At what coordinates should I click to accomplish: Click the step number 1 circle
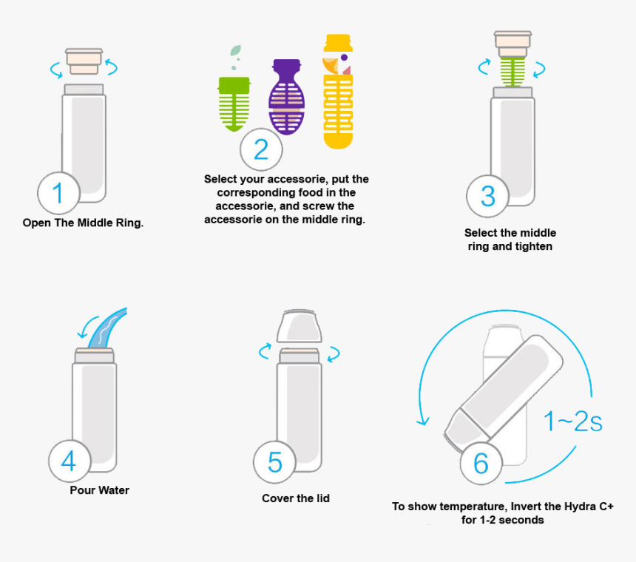point(59,194)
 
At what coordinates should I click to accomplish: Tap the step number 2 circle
point(261,149)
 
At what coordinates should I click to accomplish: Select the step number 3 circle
point(487,196)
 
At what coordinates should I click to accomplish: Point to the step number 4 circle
point(70,461)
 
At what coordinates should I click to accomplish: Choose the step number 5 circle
point(275,463)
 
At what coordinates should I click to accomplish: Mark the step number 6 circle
point(481,464)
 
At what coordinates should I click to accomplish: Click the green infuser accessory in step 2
point(233,104)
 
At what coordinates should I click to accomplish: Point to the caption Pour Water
point(99,490)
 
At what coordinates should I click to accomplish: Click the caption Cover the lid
point(296,498)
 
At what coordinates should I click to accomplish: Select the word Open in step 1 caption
point(36,223)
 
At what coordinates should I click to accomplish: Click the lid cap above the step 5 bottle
point(299,327)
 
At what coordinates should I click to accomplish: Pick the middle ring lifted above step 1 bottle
point(84,61)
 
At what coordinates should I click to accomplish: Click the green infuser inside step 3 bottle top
point(512,71)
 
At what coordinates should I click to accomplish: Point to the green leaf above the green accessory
point(236,51)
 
